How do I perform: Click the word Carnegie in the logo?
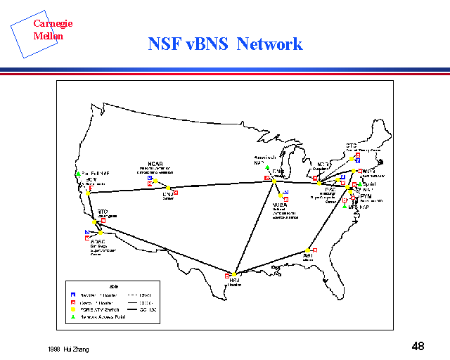pyautogui.click(x=53, y=24)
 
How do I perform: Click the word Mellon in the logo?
pyautogui.click(x=48, y=35)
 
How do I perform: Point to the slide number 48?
pyautogui.click(x=418, y=346)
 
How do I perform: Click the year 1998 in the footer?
pyautogui.click(x=56, y=349)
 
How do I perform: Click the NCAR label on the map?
pyautogui.click(x=155, y=164)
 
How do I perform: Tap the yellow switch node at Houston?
pyautogui.click(x=234, y=274)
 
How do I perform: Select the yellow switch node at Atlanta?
pyautogui.click(x=308, y=250)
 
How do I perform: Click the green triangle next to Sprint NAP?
pyautogui.click(x=359, y=184)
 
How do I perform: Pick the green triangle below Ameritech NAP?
pyautogui.click(x=267, y=168)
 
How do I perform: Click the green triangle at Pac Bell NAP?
pyautogui.click(x=78, y=173)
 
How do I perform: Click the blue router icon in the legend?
pyautogui.click(x=74, y=293)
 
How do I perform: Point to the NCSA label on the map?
pyautogui.click(x=279, y=205)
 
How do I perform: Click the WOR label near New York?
pyautogui.click(x=368, y=171)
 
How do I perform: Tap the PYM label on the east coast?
pyautogui.click(x=366, y=196)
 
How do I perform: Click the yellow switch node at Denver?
pyautogui.click(x=169, y=188)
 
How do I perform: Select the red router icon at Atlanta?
pyautogui.click(x=315, y=250)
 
